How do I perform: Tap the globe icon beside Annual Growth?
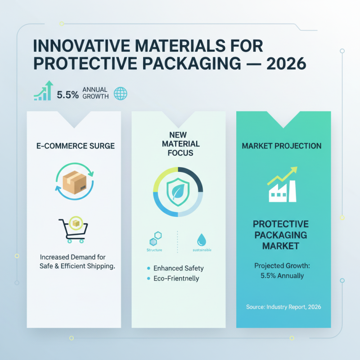tap(121, 93)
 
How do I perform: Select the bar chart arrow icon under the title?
tap(44, 91)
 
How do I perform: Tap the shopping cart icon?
tap(73, 231)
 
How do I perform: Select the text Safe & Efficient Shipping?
tap(77, 266)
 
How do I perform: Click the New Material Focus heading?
tap(178, 144)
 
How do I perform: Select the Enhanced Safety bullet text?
tap(179, 268)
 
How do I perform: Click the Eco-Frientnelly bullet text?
tap(176, 279)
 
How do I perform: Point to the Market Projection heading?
tap(282, 146)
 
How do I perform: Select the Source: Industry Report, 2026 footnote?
tap(283, 306)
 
